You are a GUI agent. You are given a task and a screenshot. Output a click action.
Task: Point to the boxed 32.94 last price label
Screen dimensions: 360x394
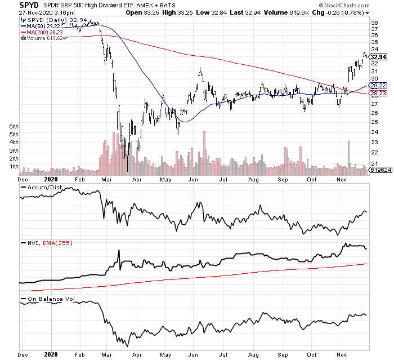tap(378, 57)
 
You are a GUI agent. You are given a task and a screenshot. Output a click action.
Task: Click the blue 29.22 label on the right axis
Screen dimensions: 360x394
tap(378, 85)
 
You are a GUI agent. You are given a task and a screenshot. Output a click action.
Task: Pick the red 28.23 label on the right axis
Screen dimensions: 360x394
tap(378, 94)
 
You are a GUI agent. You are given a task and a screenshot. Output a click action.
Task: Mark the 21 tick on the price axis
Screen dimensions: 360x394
tap(374, 163)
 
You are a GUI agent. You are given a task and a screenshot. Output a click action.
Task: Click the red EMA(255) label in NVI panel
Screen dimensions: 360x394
tap(56, 243)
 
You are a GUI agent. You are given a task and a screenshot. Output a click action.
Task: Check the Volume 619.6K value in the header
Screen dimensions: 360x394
tap(298, 12)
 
